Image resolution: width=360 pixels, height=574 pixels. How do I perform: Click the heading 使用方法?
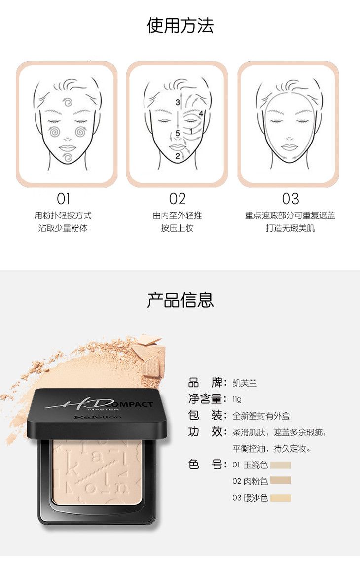(x=180, y=26)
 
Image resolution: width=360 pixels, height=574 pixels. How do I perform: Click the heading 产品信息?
(x=180, y=300)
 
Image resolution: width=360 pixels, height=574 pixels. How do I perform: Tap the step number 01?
(x=63, y=199)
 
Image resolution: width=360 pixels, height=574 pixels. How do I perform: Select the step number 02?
(x=177, y=199)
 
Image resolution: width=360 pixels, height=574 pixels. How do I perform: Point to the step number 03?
(x=290, y=199)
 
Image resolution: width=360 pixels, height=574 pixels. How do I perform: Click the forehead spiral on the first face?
(x=68, y=102)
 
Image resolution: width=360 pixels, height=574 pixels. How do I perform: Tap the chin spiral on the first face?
(x=68, y=157)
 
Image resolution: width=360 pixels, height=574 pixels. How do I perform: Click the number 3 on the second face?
(x=178, y=102)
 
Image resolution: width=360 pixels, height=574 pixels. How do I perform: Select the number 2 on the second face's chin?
(x=178, y=156)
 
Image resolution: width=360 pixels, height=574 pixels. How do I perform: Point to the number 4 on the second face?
(x=201, y=114)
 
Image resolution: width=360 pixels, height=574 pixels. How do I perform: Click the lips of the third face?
(x=289, y=147)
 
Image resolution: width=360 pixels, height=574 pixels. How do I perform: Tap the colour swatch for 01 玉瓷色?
(x=281, y=465)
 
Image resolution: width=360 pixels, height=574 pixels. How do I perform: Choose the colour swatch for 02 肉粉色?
(x=281, y=480)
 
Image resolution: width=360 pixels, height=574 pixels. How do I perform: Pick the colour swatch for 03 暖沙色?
(x=281, y=498)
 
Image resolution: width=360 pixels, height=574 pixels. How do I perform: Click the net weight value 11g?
(x=237, y=399)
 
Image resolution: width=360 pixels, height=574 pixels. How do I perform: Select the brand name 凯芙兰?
(x=245, y=383)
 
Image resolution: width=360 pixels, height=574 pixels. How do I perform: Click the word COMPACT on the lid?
(x=132, y=404)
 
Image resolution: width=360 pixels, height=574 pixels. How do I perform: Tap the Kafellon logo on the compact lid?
(x=98, y=417)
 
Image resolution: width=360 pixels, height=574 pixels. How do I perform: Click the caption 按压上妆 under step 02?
(x=177, y=228)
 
